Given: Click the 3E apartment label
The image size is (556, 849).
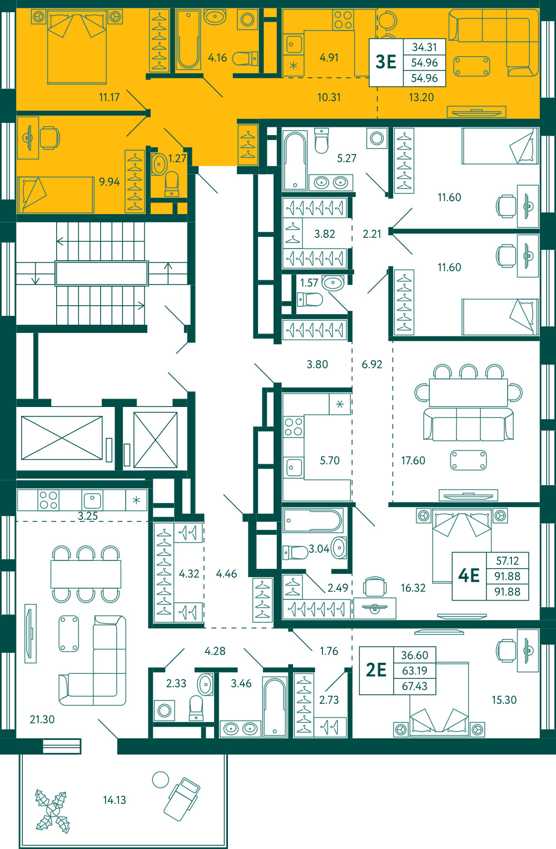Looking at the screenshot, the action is point(386,62).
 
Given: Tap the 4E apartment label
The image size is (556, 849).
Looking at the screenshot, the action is point(469,575).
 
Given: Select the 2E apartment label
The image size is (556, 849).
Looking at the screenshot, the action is point(376,670).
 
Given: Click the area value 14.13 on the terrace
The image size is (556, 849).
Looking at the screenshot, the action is point(115,800).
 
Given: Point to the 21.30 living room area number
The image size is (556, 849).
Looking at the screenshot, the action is point(42,719).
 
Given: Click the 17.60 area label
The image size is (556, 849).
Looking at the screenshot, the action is point(413,460).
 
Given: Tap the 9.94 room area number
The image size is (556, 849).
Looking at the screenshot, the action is point(109,182).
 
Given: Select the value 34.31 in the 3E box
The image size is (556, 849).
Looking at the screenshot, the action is point(424,47).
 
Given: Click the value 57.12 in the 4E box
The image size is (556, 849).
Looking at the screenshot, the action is point(508,560).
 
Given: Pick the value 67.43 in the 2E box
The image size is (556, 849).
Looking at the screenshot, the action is point(415,686).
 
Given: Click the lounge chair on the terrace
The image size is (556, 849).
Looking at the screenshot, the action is point(182,799).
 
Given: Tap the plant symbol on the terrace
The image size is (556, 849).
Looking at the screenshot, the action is point(52,812).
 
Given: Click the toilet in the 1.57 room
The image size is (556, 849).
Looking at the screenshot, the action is point(310,300).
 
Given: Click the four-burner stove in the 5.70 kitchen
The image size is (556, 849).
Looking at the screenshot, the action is point(294,427).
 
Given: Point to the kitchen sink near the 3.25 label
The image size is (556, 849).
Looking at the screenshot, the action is point(92,500).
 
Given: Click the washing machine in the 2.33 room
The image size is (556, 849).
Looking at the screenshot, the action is point(165,710).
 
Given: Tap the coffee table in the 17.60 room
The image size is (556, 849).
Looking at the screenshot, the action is point(469,460).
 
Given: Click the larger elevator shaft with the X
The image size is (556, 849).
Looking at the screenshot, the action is point(62,438).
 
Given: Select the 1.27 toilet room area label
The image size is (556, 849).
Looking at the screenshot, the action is point(177,158).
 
